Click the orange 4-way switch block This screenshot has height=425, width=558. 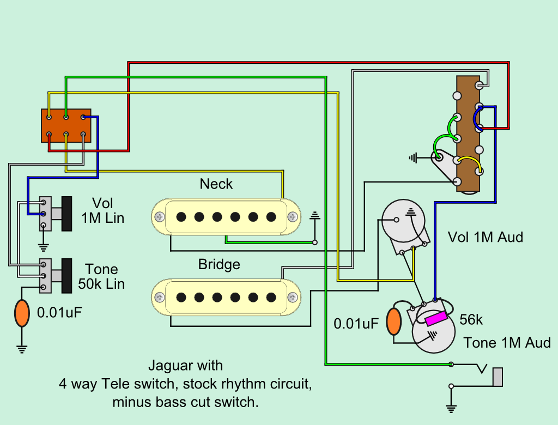(66, 125)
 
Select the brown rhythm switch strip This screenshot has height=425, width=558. (468, 133)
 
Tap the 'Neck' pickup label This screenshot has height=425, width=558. (216, 184)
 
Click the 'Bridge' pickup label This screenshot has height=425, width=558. (219, 265)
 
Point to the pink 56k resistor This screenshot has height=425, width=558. (436, 318)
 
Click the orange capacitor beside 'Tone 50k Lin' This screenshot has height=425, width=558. (22, 313)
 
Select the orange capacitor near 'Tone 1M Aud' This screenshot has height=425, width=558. (393, 322)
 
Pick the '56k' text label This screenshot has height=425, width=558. (471, 320)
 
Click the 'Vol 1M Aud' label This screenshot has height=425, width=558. (485, 237)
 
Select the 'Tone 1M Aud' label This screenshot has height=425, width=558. (507, 343)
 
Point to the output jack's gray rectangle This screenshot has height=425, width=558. (498, 377)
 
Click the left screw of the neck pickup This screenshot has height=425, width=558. (160, 216)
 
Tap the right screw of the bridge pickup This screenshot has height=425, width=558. (294, 297)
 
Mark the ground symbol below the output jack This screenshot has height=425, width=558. (451, 408)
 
